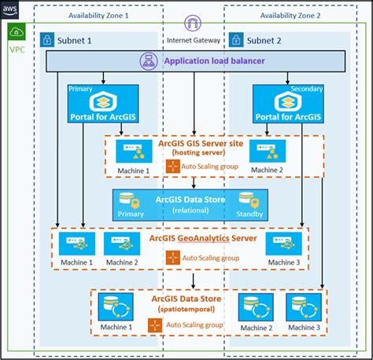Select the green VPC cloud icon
point(17,33)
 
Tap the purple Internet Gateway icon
point(192,24)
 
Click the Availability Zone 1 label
point(99,16)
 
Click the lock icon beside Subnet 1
point(47,39)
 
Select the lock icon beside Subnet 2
point(235,39)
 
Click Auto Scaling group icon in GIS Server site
point(172,166)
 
